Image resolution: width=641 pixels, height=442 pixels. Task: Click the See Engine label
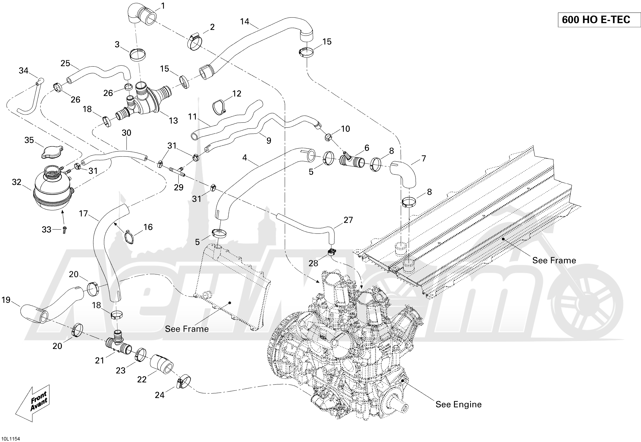[x=458, y=404]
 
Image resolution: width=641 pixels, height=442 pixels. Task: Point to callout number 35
[x=29, y=140]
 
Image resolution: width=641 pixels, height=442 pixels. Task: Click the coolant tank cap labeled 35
[x=52, y=152]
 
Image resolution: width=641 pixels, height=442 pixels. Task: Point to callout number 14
[x=245, y=21]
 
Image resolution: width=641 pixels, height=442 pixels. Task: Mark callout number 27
[x=348, y=220]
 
